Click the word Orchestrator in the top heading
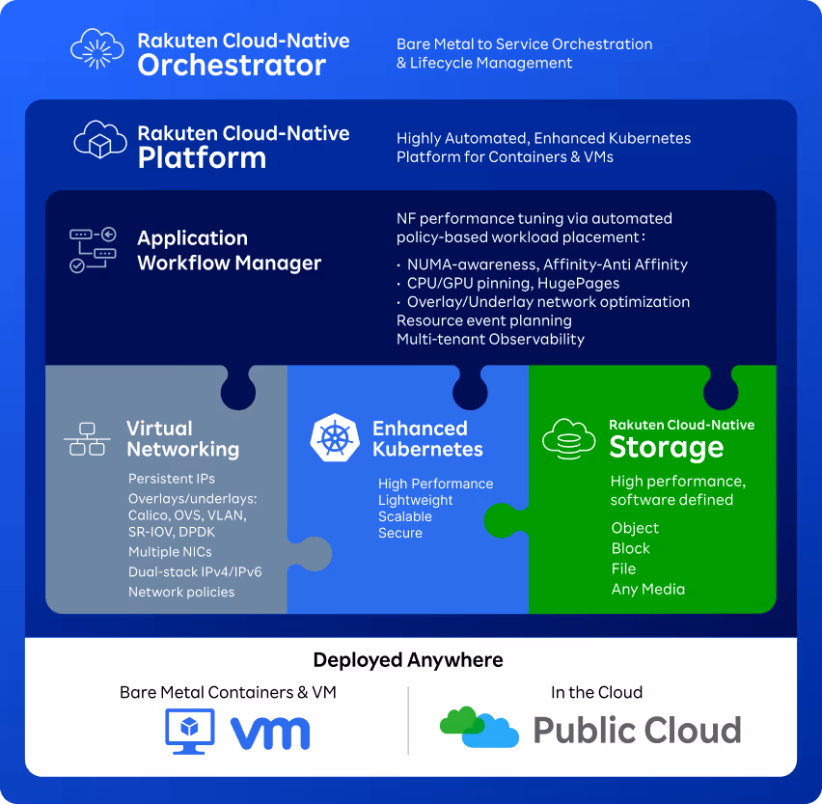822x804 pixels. click(232, 66)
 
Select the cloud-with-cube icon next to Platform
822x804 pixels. click(101, 142)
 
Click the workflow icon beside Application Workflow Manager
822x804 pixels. click(93, 249)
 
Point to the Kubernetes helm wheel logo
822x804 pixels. click(334, 437)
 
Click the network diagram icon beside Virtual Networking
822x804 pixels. click(87, 438)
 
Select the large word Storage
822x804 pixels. click(666, 447)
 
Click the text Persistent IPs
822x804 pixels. click(172, 479)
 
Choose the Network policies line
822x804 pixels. click(181, 592)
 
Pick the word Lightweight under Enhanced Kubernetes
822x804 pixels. click(415, 500)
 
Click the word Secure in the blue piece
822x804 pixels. click(400, 533)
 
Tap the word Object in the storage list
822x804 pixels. click(635, 528)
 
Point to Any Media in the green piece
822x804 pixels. click(648, 589)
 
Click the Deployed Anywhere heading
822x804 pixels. click(408, 660)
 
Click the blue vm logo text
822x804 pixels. click(270, 734)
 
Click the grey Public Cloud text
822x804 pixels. click(637, 730)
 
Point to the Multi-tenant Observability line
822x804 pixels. click(490, 339)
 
